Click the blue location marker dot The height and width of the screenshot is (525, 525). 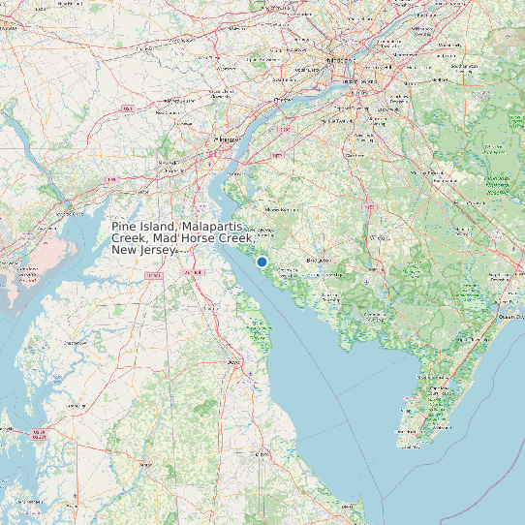tap(262, 262)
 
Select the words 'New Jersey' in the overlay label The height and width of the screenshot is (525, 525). tap(143, 250)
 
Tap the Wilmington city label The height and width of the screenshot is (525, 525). tap(221, 139)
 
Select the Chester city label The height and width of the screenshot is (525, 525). tap(283, 100)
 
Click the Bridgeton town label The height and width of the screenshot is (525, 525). tap(319, 261)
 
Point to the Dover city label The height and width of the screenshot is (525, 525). tap(234, 362)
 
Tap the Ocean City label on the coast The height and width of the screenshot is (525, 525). tap(510, 316)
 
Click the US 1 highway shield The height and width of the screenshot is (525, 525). tap(127, 108)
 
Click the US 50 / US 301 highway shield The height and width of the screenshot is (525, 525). tap(39, 432)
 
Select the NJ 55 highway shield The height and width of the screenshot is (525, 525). tap(369, 205)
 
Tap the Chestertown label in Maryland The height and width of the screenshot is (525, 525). tap(75, 342)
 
